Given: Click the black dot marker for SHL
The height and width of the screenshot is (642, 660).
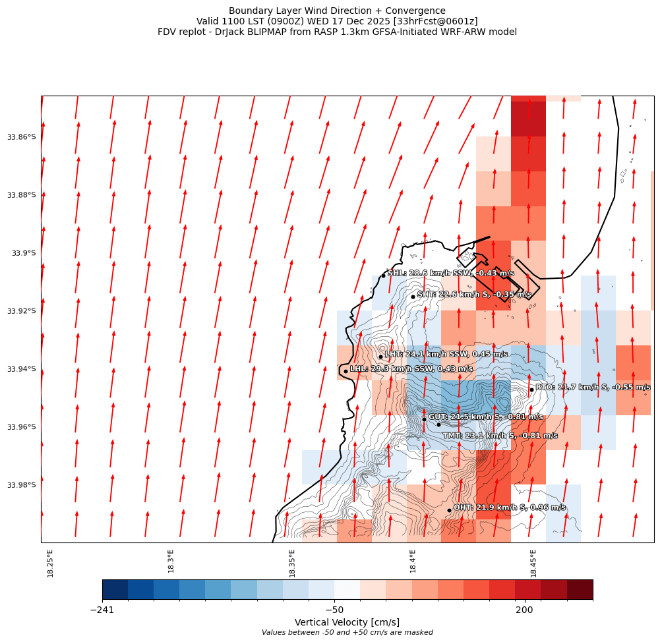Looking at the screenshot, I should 383,276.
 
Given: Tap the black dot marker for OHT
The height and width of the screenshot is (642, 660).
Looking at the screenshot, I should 449,510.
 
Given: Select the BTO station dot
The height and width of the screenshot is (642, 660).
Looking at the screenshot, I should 531,390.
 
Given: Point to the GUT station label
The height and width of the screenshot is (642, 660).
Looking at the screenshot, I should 485,417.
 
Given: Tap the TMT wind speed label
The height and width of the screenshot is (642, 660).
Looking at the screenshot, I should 500,436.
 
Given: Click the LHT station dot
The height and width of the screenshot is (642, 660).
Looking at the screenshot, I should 380,357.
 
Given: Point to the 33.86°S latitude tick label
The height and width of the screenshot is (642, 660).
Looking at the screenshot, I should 22,137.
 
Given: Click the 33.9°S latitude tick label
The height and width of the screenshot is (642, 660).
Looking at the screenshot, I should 24,253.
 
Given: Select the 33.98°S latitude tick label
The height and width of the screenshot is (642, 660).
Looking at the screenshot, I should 22,485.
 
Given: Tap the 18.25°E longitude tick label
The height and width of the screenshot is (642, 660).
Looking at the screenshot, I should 51,563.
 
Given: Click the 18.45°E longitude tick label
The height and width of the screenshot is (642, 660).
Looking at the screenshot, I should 533,563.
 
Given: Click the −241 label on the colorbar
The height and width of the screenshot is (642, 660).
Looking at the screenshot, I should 102,610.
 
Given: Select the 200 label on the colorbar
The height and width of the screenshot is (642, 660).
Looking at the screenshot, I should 525,610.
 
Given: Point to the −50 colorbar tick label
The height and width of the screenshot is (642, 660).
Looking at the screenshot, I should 334,610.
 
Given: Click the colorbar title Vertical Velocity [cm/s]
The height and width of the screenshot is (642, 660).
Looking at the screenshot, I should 347,622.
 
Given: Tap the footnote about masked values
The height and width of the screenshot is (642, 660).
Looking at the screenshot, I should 347,633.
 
